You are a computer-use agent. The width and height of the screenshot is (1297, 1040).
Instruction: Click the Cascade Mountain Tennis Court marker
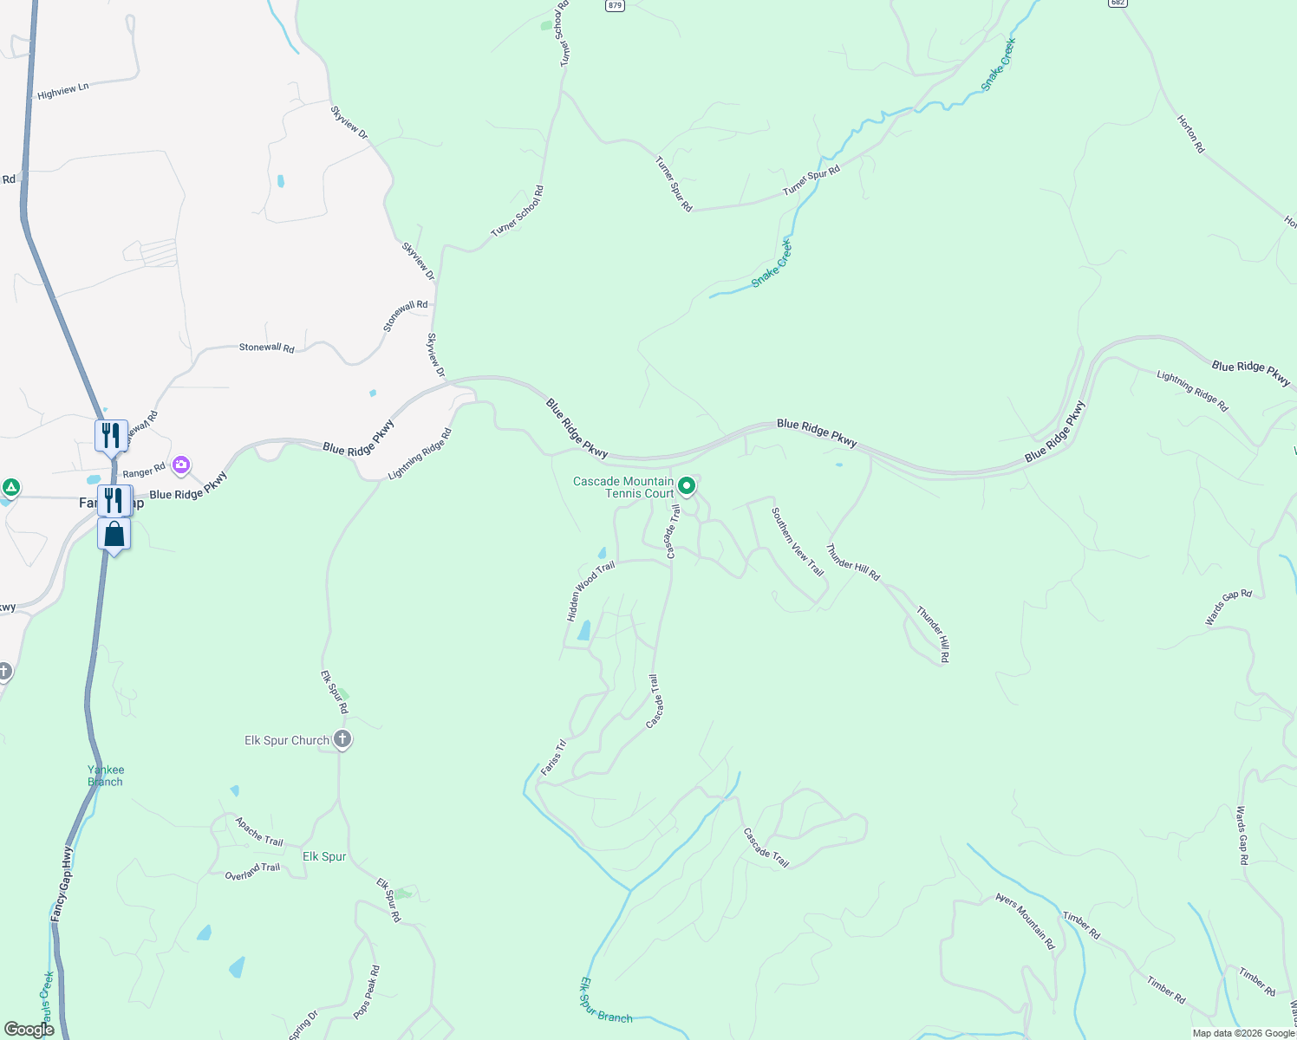coord(686,486)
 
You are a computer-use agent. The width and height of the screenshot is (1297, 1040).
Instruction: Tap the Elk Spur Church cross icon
coord(342,739)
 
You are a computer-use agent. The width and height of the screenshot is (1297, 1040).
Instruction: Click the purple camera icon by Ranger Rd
coord(181,465)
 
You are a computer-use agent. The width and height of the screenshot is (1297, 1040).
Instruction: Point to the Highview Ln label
coord(63,91)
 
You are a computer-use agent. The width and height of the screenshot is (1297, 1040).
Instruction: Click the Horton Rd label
coord(1190,134)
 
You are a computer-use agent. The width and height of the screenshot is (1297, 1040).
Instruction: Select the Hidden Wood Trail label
coord(590,591)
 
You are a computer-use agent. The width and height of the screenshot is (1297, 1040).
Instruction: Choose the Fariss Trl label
coord(553,757)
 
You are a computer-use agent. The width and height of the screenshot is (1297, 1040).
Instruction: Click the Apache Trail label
coord(259,831)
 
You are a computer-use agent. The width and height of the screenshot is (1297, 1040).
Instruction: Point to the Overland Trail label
coord(252,872)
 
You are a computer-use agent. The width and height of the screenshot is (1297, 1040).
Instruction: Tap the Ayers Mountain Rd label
coord(1025,920)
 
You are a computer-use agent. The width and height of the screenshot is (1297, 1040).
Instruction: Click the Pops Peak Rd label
coord(367,992)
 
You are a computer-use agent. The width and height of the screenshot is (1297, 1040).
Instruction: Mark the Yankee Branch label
coord(105,776)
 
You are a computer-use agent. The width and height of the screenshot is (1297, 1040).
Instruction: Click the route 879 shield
coord(615,5)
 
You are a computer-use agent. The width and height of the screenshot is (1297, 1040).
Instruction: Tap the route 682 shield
coord(1117,3)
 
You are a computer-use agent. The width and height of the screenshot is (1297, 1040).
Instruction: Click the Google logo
coord(29,1030)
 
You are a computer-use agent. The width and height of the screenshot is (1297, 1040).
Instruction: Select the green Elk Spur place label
coord(324,856)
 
